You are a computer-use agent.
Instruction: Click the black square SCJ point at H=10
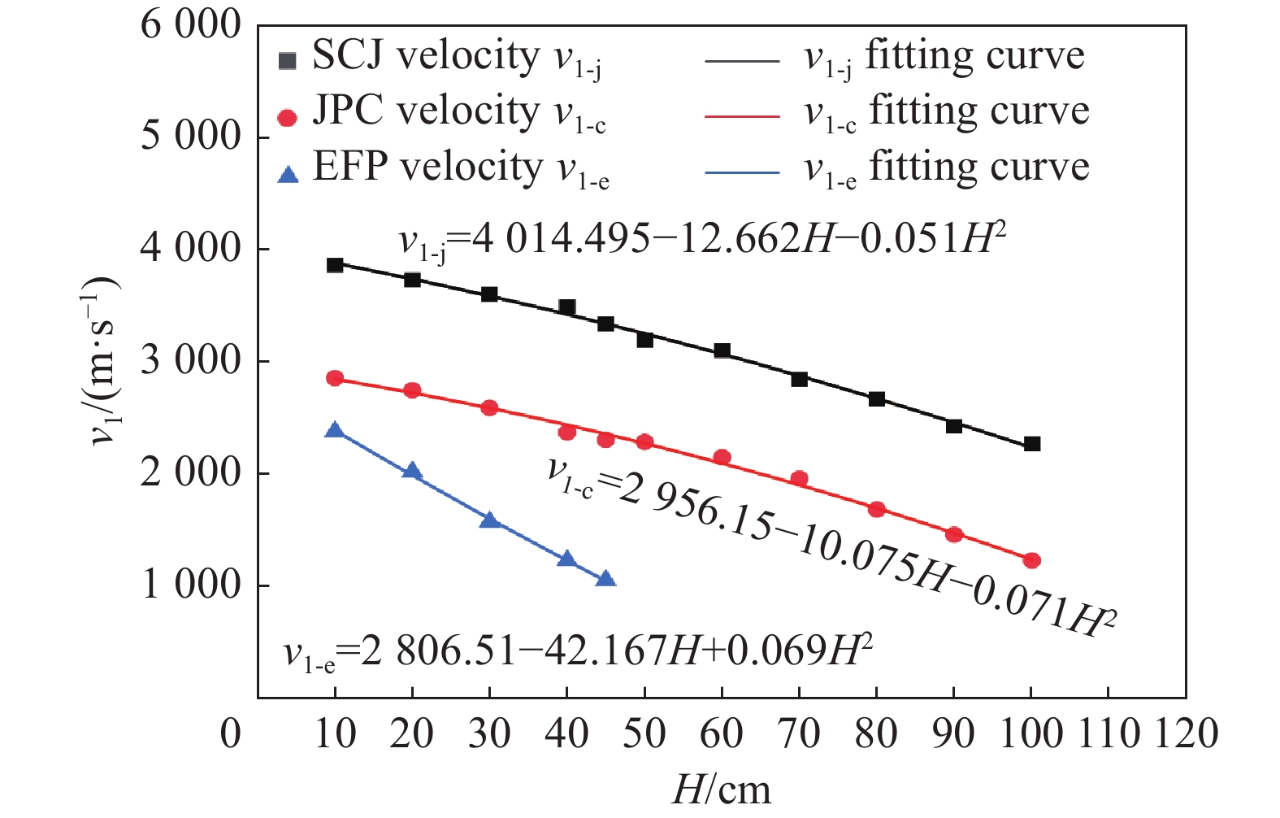point(335,265)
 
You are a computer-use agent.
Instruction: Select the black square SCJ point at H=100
point(1032,444)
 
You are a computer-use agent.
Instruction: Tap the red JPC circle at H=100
point(1032,560)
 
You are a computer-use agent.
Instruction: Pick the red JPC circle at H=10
point(335,378)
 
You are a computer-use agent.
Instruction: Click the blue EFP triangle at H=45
point(605,579)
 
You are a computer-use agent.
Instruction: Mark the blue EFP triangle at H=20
point(412,471)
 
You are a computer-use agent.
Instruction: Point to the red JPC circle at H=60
point(722,458)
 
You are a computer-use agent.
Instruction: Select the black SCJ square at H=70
point(800,379)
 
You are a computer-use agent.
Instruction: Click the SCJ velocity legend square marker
point(287,61)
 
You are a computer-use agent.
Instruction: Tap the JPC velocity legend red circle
point(287,118)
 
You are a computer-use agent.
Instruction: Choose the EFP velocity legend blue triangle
point(287,174)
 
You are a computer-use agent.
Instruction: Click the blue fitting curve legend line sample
point(741,172)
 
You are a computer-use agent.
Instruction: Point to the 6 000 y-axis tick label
point(191,25)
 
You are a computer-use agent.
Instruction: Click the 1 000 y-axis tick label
point(191,585)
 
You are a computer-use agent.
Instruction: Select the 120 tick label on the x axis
point(1186,734)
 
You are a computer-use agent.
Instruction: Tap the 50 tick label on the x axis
point(644,734)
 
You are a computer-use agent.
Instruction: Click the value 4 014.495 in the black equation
point(561,239)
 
